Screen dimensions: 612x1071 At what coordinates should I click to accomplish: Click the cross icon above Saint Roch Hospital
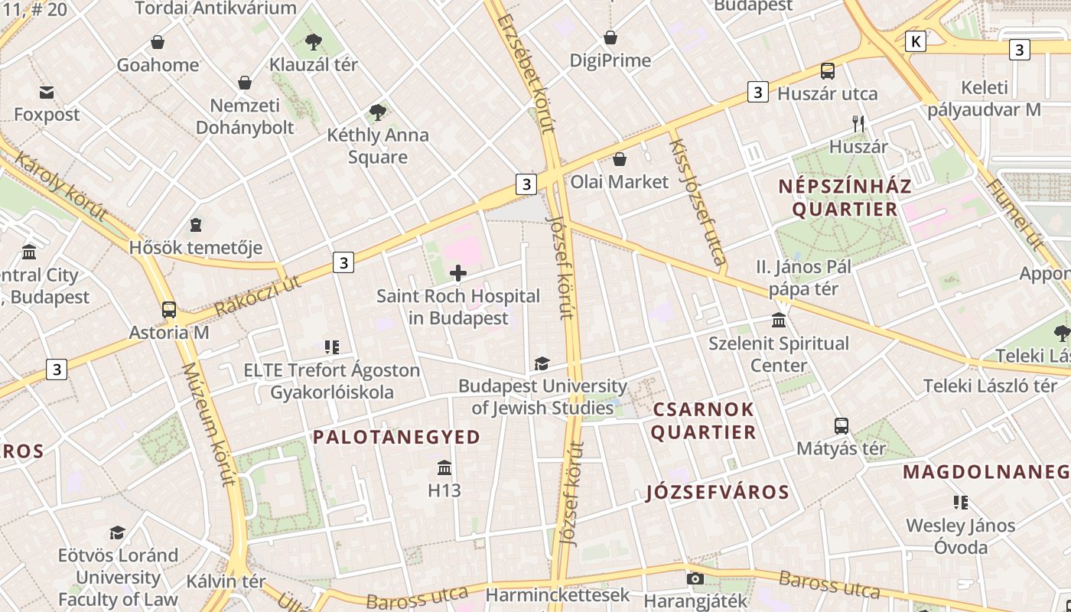click(x=458, y=273)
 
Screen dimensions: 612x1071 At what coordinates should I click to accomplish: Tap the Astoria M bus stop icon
click(x=169, y=310)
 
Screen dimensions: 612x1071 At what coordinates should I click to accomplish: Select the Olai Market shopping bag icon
click(x=620, y=159)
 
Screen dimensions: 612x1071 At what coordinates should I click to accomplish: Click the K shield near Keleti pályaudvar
click(x=915, y=41)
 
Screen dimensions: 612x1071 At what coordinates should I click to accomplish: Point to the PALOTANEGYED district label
click(x=396, y=438)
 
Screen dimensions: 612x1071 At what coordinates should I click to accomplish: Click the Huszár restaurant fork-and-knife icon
click(x=858, y=123)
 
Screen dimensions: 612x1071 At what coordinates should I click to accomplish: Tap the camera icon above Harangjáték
click(x=695, y=578)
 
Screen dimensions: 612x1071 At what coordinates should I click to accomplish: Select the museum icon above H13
click(x=444, y=467)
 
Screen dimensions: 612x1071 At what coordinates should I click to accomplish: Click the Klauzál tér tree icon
click(x=313, y=42)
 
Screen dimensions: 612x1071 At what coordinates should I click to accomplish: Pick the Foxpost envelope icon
click(x=47, y=93)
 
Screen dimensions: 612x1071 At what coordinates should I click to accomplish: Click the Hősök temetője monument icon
click(x=196, y=225)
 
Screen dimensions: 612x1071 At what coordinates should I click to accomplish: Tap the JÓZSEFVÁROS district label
click(x=717, y=492)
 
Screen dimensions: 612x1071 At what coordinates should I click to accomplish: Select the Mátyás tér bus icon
click(x=841, y=426)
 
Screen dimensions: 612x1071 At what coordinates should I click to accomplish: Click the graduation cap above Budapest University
click(x=542, y=364)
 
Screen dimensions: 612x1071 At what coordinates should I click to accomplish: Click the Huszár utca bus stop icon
click(x=827, y=71)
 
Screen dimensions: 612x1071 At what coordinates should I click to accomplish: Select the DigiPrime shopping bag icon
click(x=610, y=37)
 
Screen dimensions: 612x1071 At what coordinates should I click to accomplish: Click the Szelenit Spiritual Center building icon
click(x=779, y=320)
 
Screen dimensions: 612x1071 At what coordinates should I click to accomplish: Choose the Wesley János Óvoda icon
click(x=961, y=503)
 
